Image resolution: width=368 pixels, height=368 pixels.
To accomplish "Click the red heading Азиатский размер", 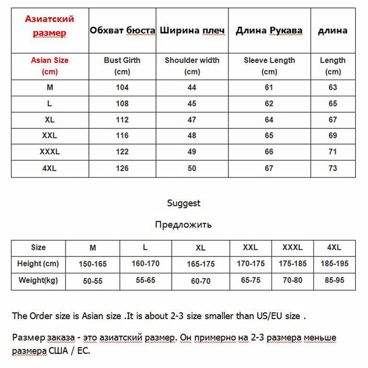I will coord(49,26).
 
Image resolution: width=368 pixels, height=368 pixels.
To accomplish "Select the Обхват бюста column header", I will coord(122,31).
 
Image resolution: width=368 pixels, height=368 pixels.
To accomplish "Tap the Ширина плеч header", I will coord(192,31).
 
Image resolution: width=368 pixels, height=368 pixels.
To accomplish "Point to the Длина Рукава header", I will coord(269,31).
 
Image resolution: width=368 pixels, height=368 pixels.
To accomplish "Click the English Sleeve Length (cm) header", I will coord(269,66).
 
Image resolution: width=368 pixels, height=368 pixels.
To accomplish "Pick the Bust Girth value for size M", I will coord(122,87).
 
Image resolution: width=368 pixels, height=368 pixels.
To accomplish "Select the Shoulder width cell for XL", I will coord(192,120).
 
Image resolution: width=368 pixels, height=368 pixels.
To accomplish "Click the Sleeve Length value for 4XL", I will coord(269,168).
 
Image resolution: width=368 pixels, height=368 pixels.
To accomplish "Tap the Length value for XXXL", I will coord(333,152).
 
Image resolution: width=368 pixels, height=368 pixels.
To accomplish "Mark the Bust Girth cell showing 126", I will coord(122,168).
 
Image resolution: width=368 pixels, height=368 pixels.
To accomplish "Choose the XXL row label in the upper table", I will coord(50,136).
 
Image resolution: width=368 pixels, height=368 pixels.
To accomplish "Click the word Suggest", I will coord(184,203).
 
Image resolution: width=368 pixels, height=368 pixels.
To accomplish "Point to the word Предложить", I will coord(184,224).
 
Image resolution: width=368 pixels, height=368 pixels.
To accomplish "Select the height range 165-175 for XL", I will coord(201,264).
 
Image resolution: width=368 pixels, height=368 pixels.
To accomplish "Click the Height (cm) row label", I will coord(38,264).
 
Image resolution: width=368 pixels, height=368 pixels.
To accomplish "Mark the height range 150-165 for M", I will coord(93,264).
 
